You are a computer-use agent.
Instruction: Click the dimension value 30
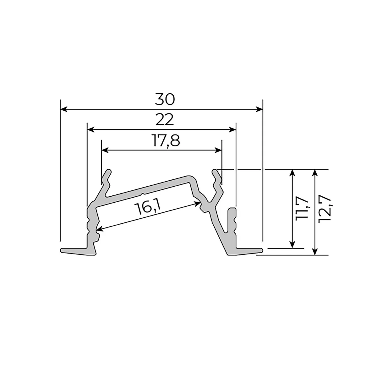(x=164, y=100)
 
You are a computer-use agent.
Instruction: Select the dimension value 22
(x=164, y=120)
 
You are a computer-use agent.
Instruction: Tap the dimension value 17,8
(x=166, y=141)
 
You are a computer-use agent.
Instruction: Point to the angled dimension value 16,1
(x=147, y=209)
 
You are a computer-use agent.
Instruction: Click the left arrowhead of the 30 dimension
(x=63, y=109)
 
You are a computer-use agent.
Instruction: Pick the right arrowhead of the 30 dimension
(x=260, y=109)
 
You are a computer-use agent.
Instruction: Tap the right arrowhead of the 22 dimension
(x=233, y=129)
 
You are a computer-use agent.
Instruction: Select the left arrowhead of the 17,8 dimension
(x=105, y=150)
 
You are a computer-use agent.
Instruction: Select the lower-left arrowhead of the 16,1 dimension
(x=98, y=229)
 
